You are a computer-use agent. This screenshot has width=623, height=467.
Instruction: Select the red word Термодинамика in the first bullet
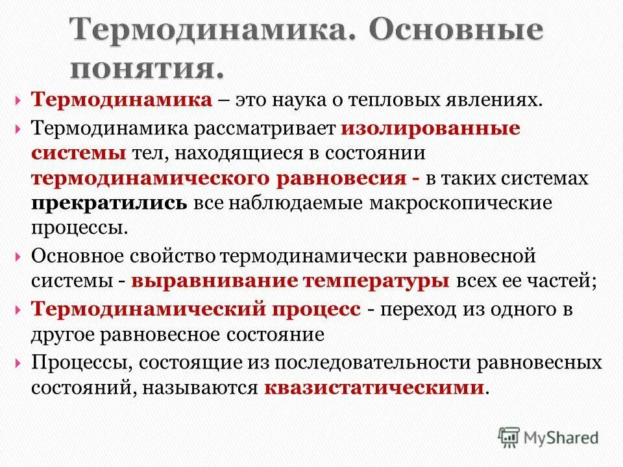tap(122, 101)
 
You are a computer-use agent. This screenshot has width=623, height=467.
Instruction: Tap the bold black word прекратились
tap(110, 203)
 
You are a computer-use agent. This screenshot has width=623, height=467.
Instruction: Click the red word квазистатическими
tap(374, 388)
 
